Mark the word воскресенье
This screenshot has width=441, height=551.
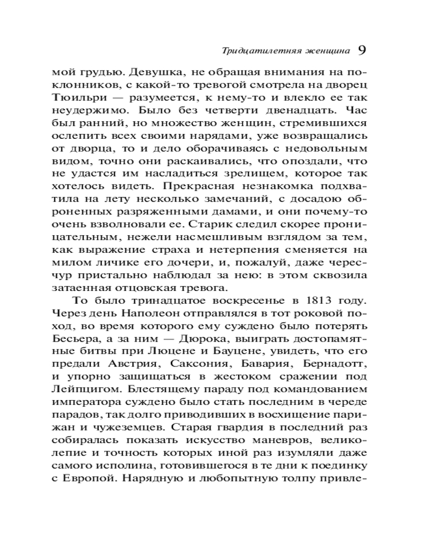pyautogui.click(x=238, y=301)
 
